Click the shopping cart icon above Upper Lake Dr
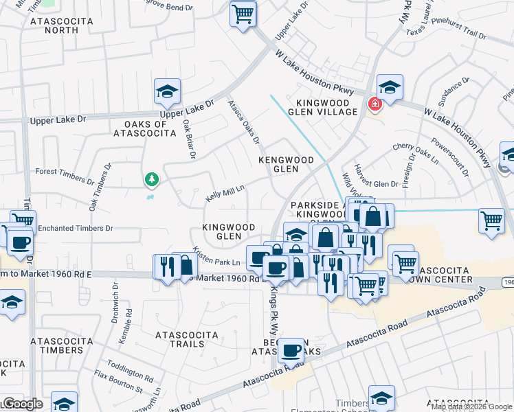click(x=243, y=13)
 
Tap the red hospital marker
click(x=375, y=105)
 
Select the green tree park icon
click(x=151, y=180)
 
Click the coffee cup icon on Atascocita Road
click(x=291, y=351)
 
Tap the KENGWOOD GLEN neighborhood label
click(x=286, y=164)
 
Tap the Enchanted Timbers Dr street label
click(x=75, y=227)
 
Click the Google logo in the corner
click(x=22, y=404)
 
